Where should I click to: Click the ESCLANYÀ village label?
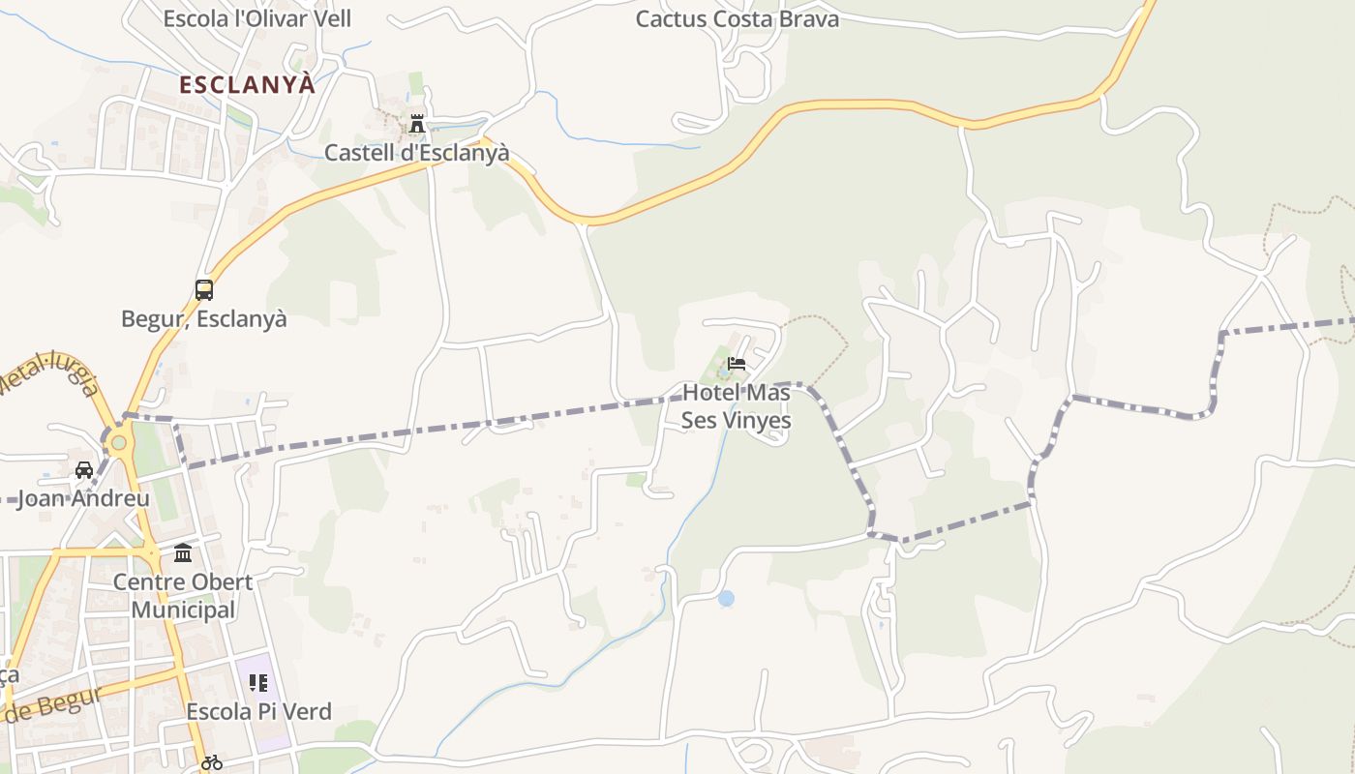248,84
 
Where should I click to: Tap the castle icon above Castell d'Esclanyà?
417,124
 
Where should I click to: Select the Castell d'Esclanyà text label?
416,153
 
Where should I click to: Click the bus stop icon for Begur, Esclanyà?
204,289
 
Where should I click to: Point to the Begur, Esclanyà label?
204,318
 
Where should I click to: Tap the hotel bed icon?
737,365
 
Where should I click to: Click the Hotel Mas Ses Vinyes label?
737,406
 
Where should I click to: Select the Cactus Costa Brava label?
737,18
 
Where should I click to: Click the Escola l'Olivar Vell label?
256,18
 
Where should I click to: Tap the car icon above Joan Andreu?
84,470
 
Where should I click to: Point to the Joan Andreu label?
84,499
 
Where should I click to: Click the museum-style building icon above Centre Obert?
183,553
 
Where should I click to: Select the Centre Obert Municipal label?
183,596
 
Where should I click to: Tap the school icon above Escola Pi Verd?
258,683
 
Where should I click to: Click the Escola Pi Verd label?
258,712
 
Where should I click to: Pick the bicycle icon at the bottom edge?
212,762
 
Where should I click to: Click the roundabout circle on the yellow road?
118,443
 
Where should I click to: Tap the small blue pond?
726,599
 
